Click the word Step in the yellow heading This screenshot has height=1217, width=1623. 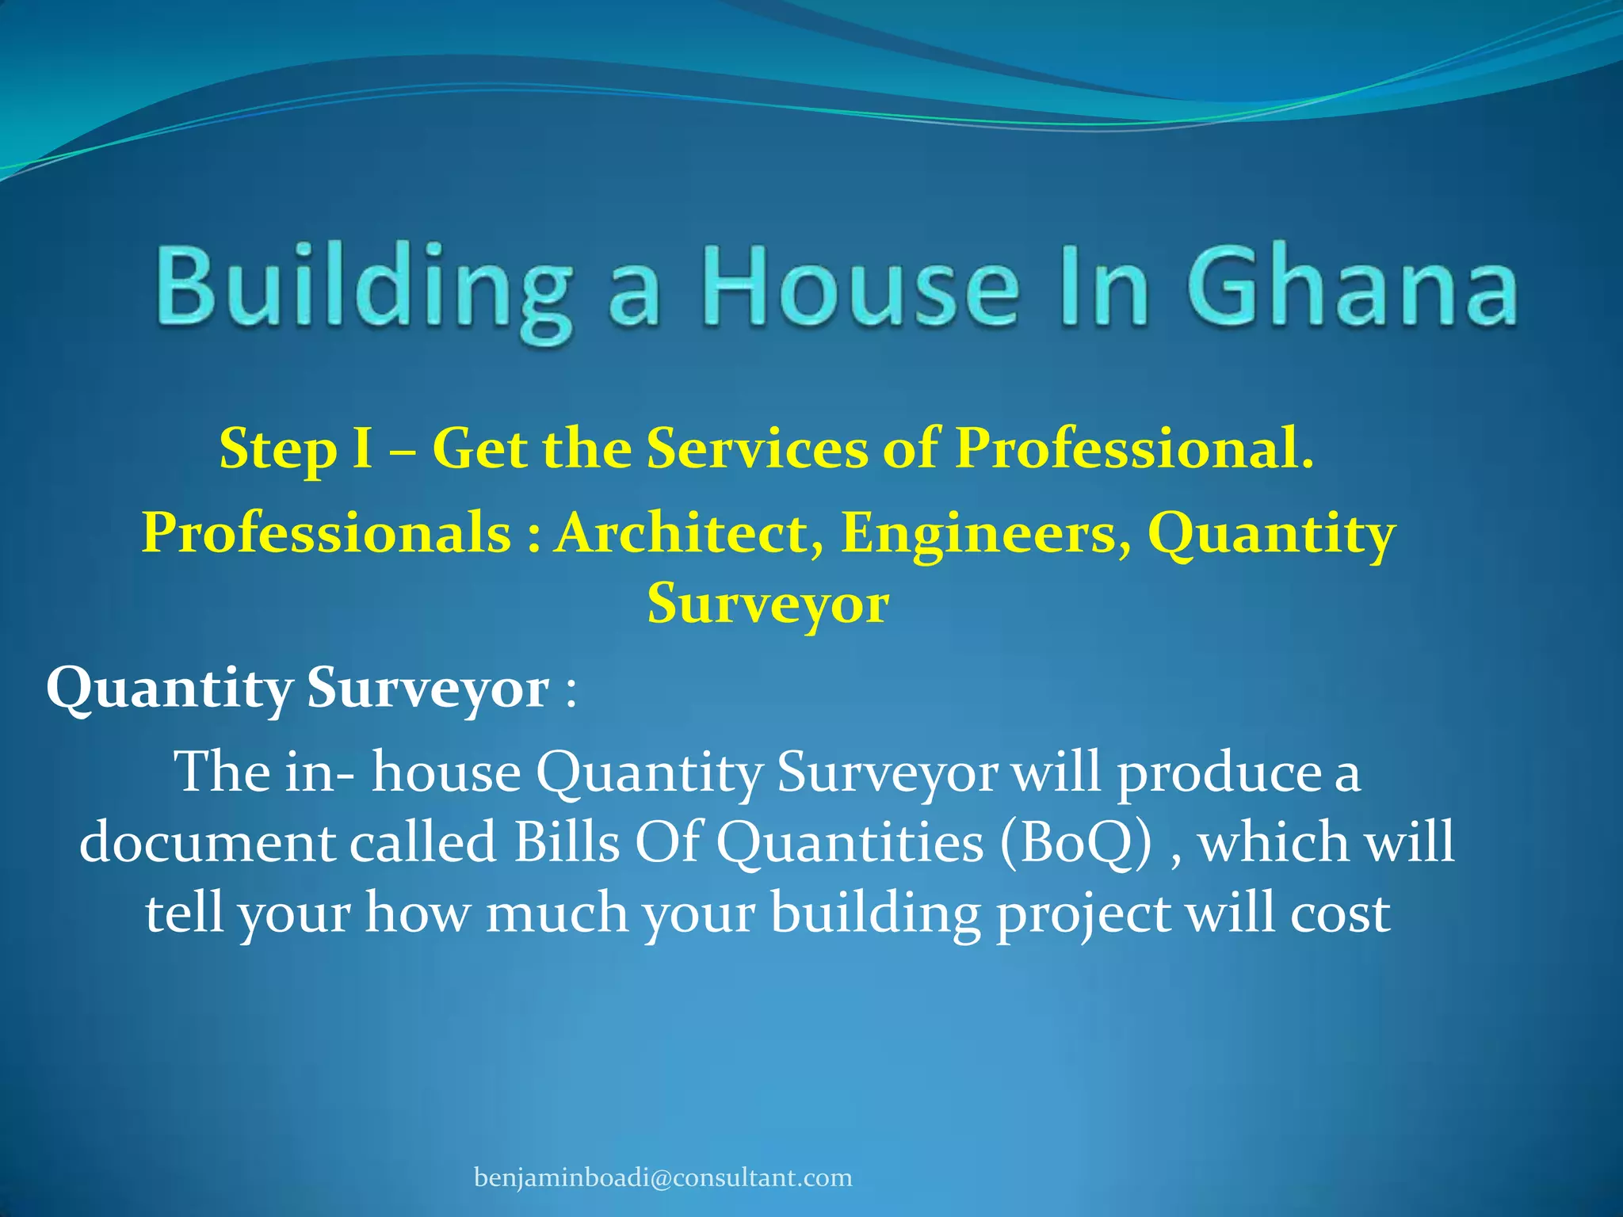coord(277,450)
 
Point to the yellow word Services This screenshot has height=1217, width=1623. coord(757,448)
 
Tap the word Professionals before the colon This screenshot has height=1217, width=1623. coord(327,532)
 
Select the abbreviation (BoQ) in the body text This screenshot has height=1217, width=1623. coord(1075,842)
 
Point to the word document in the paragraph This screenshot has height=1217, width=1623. coord(208,842)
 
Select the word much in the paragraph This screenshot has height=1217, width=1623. coord(557,913)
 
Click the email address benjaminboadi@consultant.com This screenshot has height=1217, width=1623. coord(663,1178)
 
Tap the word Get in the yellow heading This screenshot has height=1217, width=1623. coord(479,449)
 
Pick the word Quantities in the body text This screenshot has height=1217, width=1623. coord(850,842)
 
